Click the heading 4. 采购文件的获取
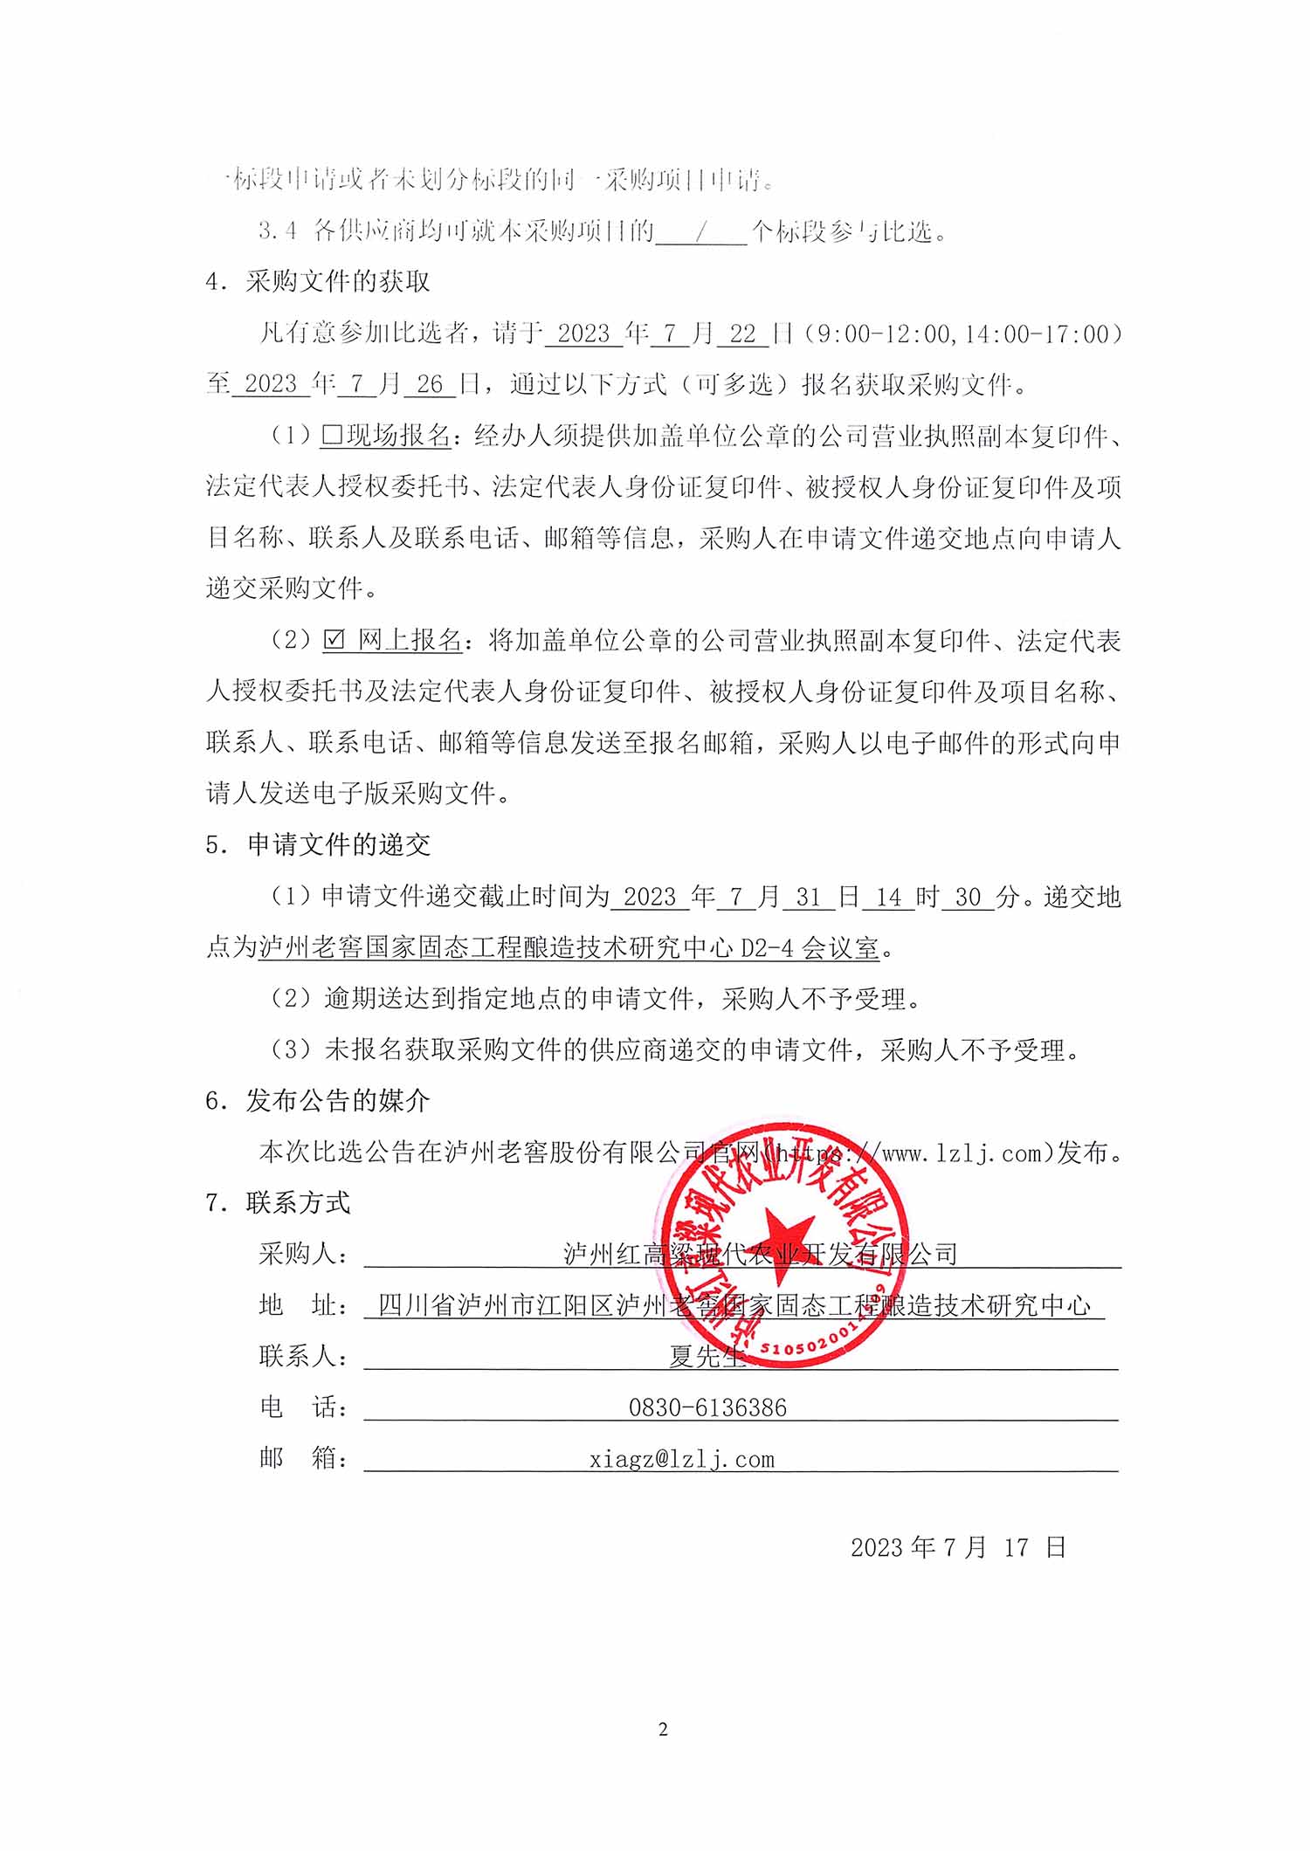(318, 281)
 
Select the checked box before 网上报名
(334, 640)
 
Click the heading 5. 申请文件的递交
(318, 844)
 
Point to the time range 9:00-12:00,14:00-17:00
(961, 334)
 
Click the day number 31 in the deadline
(808, 897)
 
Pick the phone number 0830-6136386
(707, 1407)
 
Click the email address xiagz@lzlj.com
(681, 1459)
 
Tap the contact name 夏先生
(707, 1356)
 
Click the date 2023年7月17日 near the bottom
(958, 1548)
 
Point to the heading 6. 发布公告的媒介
(318, 1101)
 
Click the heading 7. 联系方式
(278, 1203)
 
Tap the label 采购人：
(304, 1254)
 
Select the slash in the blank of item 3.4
(701, 231)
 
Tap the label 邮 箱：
(304, 1458)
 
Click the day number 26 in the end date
(430, 384)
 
